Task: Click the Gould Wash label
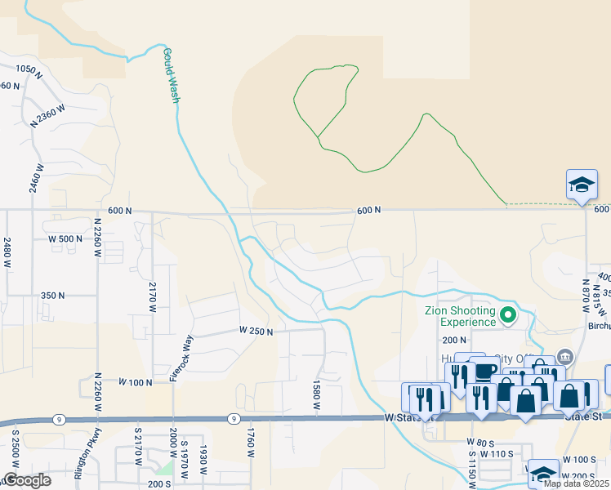tap(170, 74)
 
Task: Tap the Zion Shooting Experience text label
tap(460, 316)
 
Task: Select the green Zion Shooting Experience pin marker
tap(508, 314)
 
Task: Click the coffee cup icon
tap(485, 371)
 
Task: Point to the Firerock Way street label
tap(173, 361)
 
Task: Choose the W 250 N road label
tap(256, 331)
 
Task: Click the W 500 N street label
tap(65, 238)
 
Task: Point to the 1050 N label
tap(28, 70)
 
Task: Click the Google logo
tap(26, 480)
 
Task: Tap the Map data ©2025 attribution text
tap(577, 483)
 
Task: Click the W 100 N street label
tap(136, 381)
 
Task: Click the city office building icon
tap(565, 357)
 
